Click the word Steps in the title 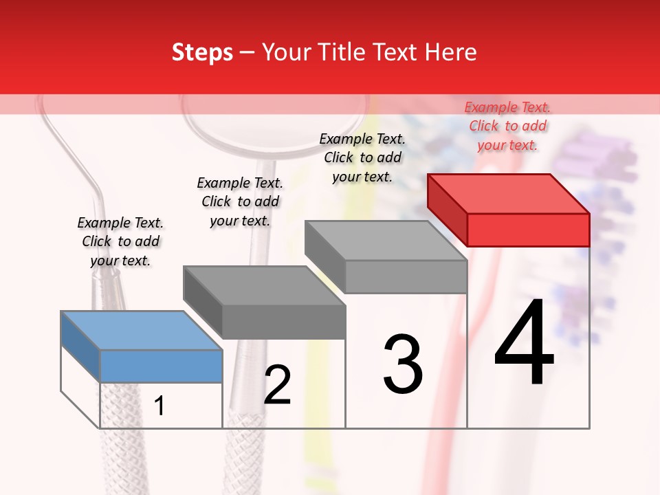(x=202, y=52)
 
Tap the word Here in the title (x=450, y=52)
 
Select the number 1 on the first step (x=159, y=406)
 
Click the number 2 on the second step (x=277, y=385)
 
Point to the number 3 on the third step (x=402, y=364)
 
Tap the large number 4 (x=524, y=344)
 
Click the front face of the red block (x=528, y=230)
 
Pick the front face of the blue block (x=161, y=366)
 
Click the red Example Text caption (x=507, y=126)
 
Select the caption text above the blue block (x=120, y=241)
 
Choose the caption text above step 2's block (x=240, y=201)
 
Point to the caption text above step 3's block (x=362, y=157)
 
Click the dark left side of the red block (x=447, y=210)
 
